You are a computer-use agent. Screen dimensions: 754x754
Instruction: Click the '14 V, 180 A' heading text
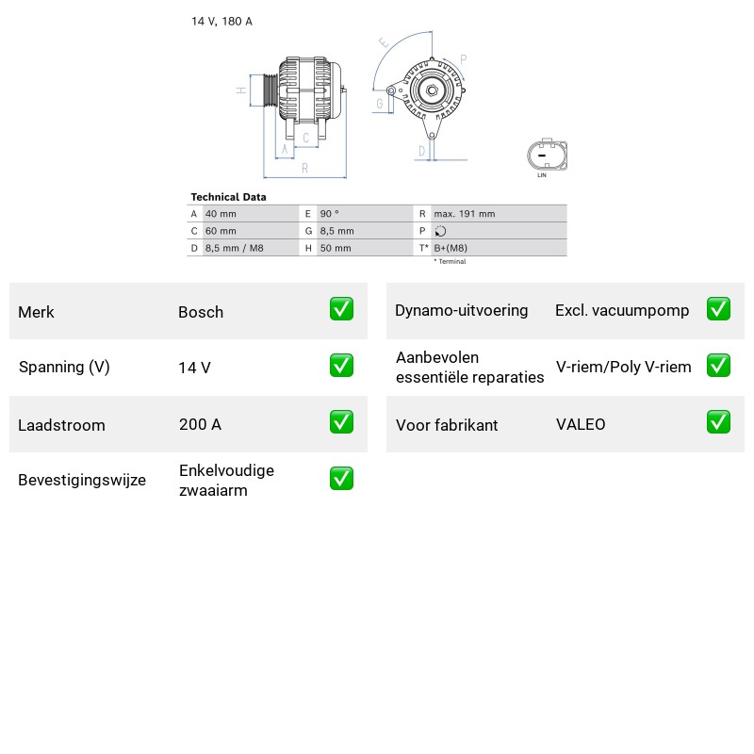pyautogui.click(x=221, y=21)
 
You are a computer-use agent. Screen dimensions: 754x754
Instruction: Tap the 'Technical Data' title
pyautogui.click(x=228, y=197)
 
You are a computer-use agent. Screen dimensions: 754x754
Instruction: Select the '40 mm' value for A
pyautogui.click(x=221, y=214)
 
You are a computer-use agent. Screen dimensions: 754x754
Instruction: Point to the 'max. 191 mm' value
pyautogui.click(x=465, y=214)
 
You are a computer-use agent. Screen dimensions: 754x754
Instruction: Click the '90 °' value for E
pyautogui.click(x=329, y=214)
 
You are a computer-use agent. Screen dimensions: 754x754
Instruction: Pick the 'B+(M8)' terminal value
pyautogui.click(x=451, y=248)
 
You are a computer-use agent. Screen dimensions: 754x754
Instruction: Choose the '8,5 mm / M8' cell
pyautogui.click(x=234, y=248)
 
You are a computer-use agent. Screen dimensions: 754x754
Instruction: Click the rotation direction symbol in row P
pyautogui.click(x=440, y=231)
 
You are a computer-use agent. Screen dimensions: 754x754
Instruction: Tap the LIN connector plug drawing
pyautogui.click(x=548, y=155)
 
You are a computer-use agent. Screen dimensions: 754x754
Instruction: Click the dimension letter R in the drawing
pyautogui.click(x=304, y=169)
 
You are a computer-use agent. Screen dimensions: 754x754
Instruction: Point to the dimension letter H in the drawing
pyautogui.click(x=241, y=90)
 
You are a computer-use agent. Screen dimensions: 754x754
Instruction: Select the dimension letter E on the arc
pyautogui.click(x=384, y=42)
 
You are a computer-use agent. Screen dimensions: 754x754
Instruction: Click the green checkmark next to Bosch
pyautogui.click(x=341, y=309)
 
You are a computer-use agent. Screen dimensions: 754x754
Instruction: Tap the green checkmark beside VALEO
pyautogui.click(x=718, y=421)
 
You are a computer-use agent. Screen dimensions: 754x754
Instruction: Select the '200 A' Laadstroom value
pyautogui.click(x=200, y=424)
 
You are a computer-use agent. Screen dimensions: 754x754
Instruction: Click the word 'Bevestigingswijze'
pyautogui.click(x=82, y=480)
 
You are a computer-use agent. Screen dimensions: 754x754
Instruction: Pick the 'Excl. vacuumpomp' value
pyautogui.click(x=622, y=311)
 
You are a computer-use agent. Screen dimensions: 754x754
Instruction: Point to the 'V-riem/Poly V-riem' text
pyautogui.click(x=623, y=367)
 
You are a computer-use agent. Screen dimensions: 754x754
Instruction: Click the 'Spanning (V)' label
pyautogui.click(x=64, y=367)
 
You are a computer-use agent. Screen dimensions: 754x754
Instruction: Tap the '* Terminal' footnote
pyautogui.click(x=451, y=262)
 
